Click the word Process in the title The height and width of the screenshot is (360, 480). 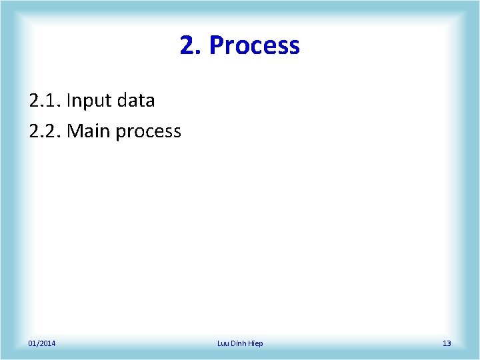tap(254, 46)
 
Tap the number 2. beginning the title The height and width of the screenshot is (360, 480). tap(190, 46)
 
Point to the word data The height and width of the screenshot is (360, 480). tap(135, 101)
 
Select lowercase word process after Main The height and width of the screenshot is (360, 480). tap(148, 132)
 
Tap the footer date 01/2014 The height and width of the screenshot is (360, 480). tap(42, 343)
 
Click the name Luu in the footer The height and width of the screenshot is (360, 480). tap(223, 343)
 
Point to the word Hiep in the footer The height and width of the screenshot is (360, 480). tap(256, 343)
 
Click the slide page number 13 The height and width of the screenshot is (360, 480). tap(447, 343)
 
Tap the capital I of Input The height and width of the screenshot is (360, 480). tap(69, 101)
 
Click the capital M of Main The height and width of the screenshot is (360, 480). tap(73, 131)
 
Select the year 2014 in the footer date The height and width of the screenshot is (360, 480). tap(47, 343)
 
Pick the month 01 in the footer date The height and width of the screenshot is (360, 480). tap(32, 343)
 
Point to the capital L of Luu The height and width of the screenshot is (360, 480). tap(219, 343)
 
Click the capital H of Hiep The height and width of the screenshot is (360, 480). tap(251, 343)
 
